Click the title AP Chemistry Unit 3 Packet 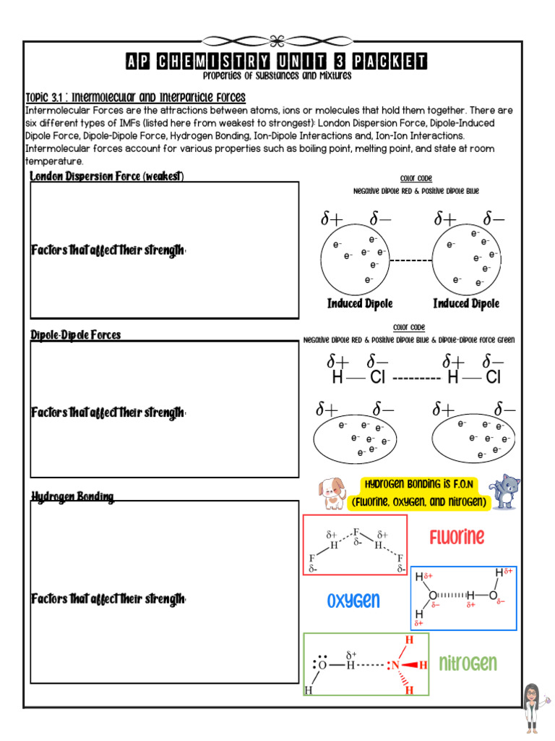coord(277,62)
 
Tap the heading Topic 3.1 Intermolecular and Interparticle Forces coord(135,98)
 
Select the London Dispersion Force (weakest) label coord(107,177)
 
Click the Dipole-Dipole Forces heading coord(76,335)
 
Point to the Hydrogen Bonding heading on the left coord(72,496)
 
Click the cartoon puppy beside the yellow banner coord(332,494)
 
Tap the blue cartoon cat coord(505,492)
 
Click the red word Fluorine coord(457,537)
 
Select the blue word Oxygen coord(353,601)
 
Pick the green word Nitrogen coord(468,664)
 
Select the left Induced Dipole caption coord(360,304)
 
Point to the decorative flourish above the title coord(276,40)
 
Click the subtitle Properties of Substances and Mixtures coord(277,76)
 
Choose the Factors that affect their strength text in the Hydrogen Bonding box coord(108,599)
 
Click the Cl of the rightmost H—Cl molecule coord(493,377)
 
